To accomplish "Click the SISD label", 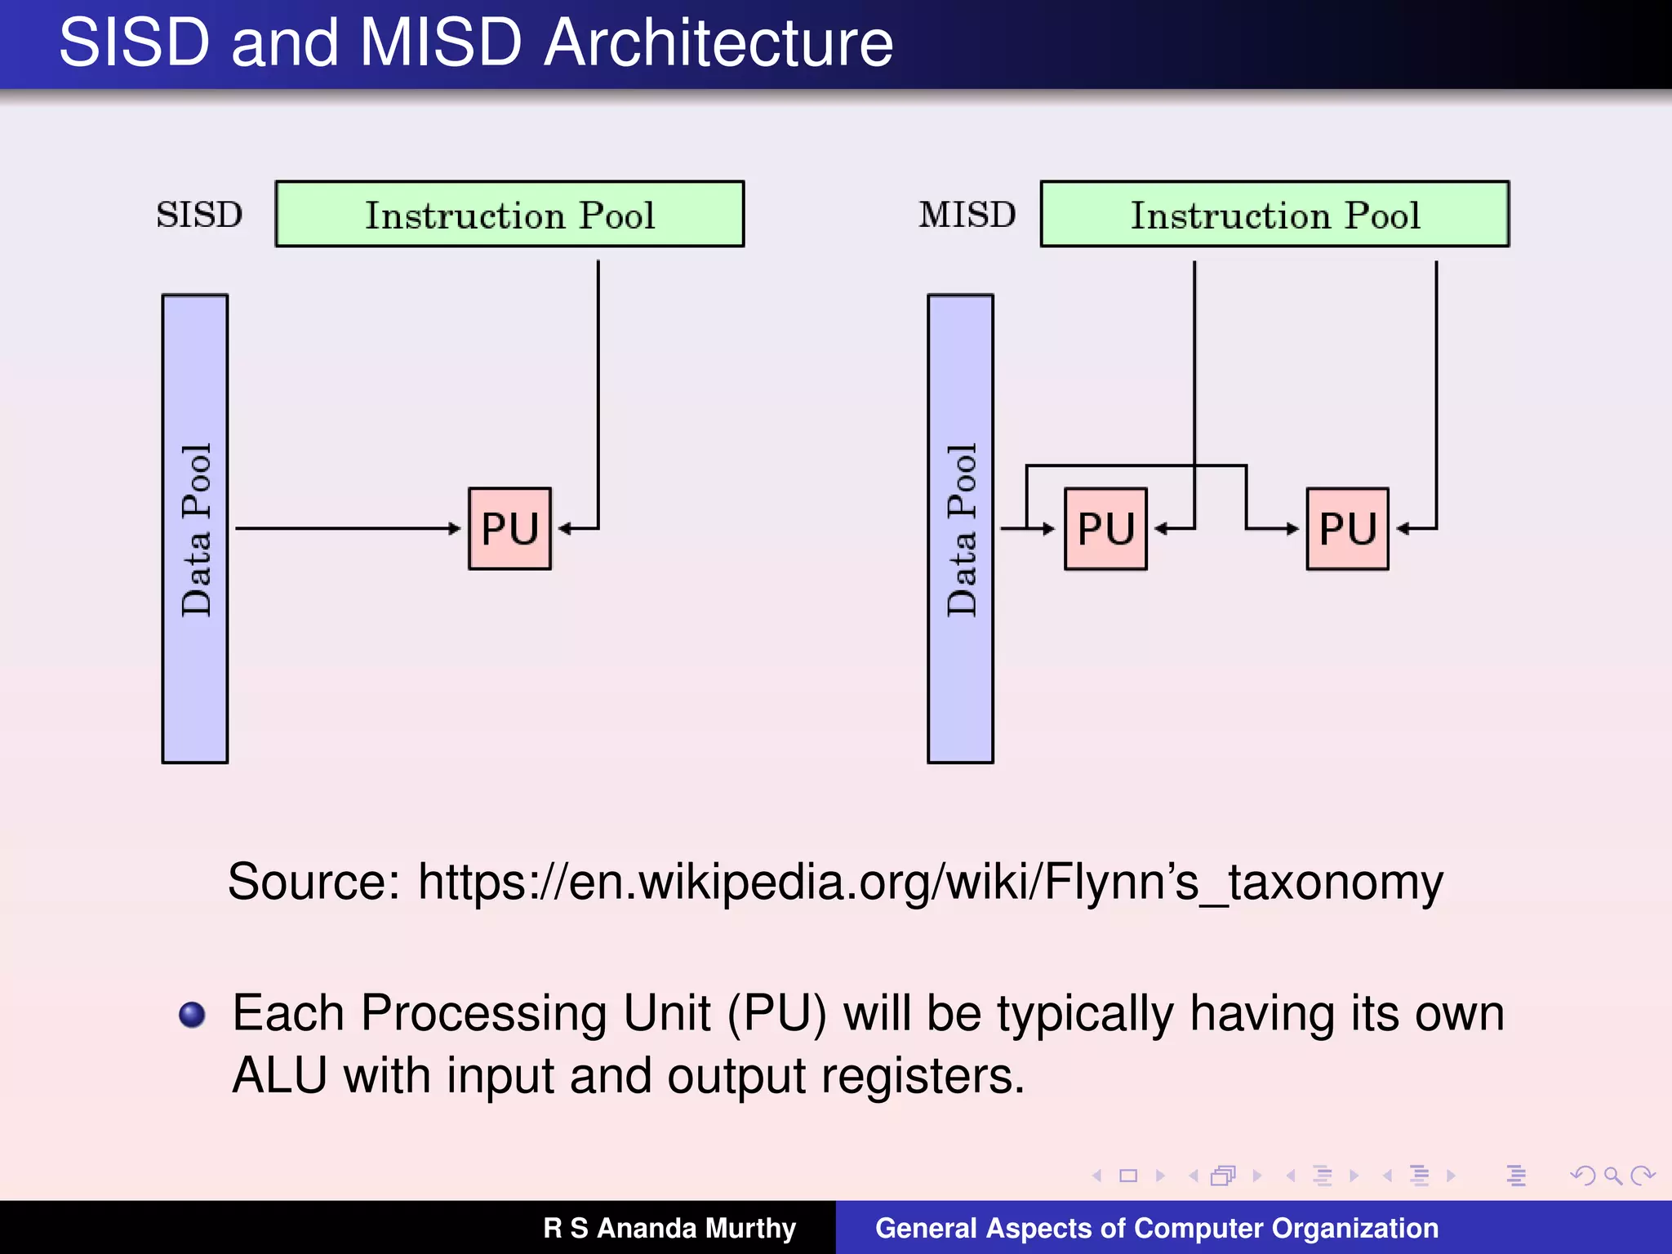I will click(x=199, y=215).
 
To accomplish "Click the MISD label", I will click(x=967, y=215).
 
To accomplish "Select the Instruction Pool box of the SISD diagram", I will click(x=509, y=215).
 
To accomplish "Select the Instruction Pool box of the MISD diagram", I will click(x=1274, y=215).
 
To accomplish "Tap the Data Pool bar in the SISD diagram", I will click(x=195, y=529).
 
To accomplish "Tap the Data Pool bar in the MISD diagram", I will click(x=960, y=529).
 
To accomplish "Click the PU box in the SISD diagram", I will click(x=509, y=529).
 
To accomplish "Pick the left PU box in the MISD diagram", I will click(x=1105, y=529).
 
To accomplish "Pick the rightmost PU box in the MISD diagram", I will click(x=1347, y=529).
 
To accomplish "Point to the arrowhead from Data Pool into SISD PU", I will click(x=456, y=529).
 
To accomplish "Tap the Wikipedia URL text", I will click(x=931, y=882).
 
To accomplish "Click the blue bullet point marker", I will click(x=193, y=1015).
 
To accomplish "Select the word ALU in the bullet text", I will click(x=279, y=1076).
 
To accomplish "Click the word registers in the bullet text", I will click(x=923, y=1076).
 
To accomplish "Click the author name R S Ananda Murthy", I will click(x=669, y=1228).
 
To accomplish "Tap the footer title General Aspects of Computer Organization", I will click(x=1156, y=1228).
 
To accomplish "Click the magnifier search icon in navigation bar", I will click(x=1612, y=1176).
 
